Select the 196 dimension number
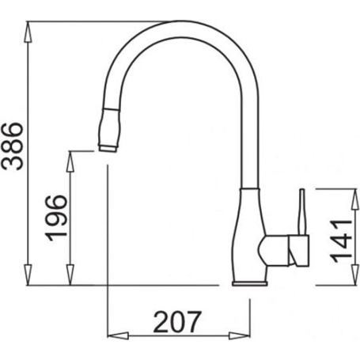[56, 218]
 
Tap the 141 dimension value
[340, 237]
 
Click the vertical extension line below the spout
[107, 237]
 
